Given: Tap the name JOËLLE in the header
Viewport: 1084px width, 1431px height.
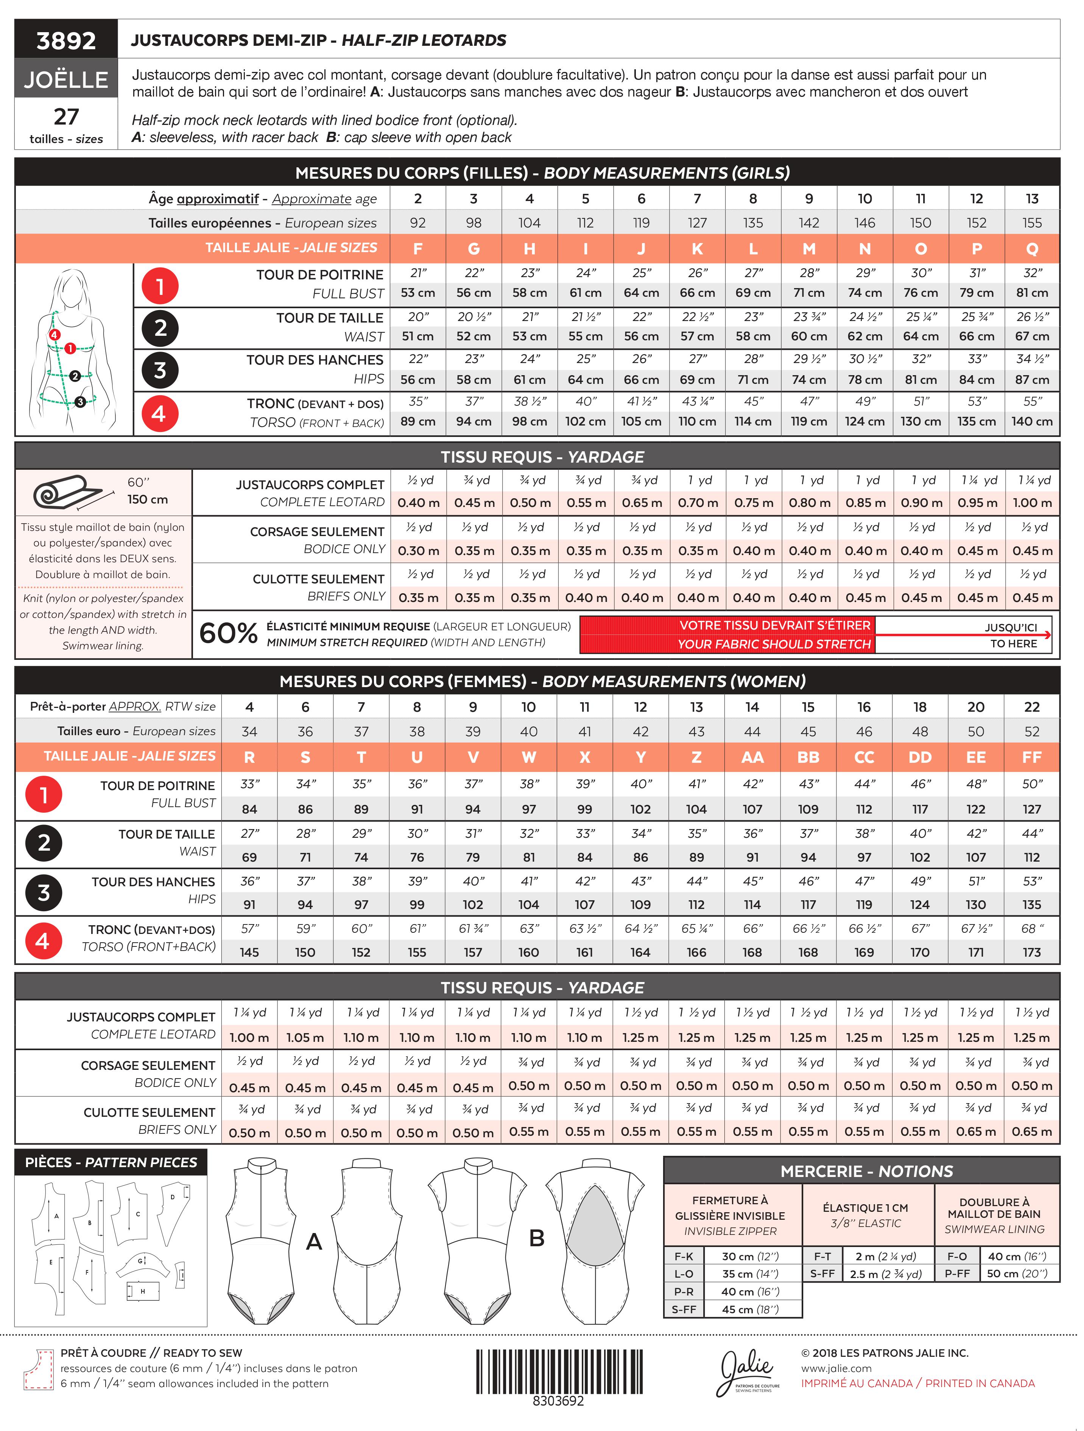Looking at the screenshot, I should pyautogui.click(x=66, y=79).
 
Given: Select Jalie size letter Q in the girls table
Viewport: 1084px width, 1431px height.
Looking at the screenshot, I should pyautogui.click(x=1032, y=248).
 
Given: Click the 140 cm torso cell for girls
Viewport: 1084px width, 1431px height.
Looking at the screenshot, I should pyautogui.click(x=1032, y=421).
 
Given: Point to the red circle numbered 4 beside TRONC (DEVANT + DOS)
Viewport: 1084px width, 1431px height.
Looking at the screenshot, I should pyautogui.click(x=159, y=413).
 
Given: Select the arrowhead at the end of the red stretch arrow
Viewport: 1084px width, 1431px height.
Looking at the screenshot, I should pyautogui.click(x=1047, y=634).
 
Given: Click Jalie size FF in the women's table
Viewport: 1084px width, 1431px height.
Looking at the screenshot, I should pyautogui.click(x=1032, y=757).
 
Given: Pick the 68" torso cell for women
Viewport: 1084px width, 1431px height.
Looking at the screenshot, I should pyautogui.click(x=1032, y=928).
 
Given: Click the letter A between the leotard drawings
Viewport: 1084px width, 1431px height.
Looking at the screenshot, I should pyautogui.click(x=314, y=1241).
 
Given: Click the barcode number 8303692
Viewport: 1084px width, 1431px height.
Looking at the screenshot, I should pyautogui.click(x=558, y=1401).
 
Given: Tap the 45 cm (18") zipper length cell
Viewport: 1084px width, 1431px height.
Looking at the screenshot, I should pyautogui.click(x=750, y=1309).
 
